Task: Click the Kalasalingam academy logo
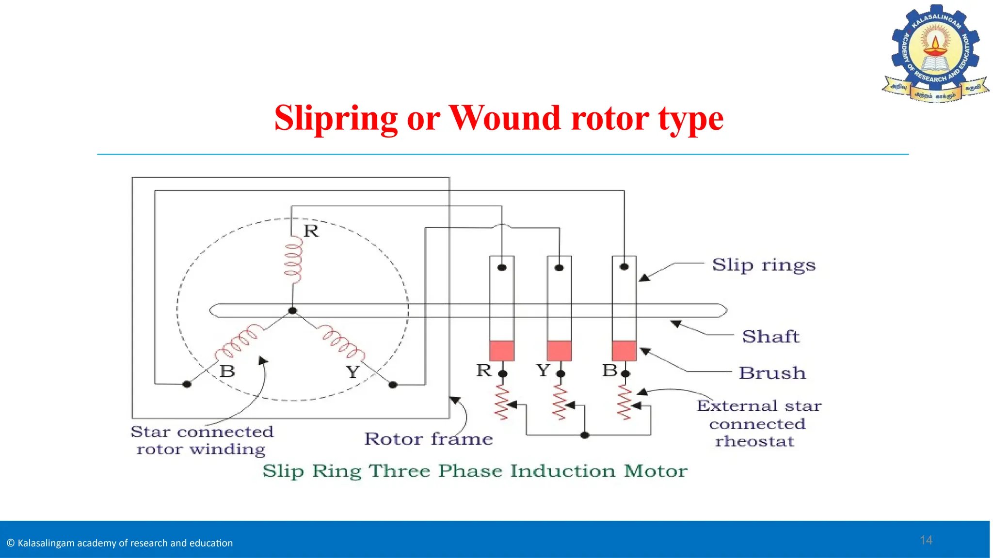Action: (935, 53)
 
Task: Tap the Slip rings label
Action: (764, 265)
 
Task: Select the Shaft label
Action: (770, 337)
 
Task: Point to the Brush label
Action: (772, 373)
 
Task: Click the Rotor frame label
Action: (428, 439)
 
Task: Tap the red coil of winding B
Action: (239, 341)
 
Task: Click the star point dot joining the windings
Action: (292, 310)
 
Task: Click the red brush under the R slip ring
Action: (502, 351)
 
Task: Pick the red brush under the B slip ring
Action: (625, 351)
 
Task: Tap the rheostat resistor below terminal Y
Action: (560, 402)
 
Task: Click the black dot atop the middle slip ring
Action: (559, 268)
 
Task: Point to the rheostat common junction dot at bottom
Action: (585, 435)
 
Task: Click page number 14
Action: (926, 541)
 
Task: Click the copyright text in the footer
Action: (120, 543)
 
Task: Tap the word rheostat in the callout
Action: (754, 442)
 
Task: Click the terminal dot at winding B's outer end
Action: (187, 384)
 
